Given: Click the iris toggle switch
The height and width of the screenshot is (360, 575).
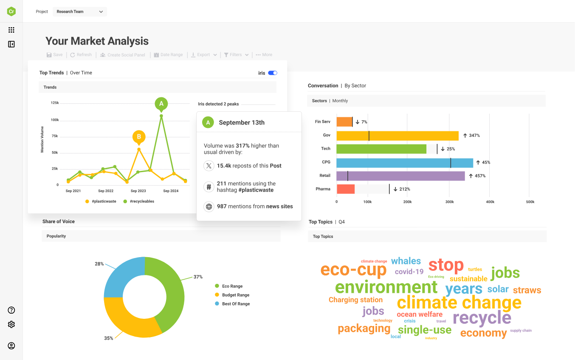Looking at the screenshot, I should (x=273, y=73).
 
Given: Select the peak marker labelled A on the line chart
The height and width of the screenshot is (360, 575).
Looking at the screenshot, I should (x=161, y=103).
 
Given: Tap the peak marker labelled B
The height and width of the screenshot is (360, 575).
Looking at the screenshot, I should (x=139, y=137).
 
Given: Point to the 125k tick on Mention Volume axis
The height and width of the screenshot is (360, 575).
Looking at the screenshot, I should (x=55, y=103).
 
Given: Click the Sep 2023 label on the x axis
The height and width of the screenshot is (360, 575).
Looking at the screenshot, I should (x=138, y=191).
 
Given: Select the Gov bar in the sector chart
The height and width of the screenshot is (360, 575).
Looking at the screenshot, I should (x=397, y=136).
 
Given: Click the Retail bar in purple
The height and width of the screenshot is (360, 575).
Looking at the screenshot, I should (x=400, y=176).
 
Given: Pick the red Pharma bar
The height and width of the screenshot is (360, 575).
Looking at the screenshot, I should (x=345, y=189).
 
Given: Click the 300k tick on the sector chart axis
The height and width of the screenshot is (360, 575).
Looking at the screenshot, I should (x=450, y=202).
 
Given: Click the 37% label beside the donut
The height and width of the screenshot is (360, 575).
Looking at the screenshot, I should (x=198, y=277).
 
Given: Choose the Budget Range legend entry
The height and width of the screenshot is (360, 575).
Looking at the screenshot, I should (x=235, y=295).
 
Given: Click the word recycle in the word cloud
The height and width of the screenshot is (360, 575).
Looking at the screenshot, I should (x=482, y=318).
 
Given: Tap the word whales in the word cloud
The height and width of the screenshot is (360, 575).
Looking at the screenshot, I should (x=406, y=261).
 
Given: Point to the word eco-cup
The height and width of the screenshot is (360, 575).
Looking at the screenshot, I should (x=353, y=270).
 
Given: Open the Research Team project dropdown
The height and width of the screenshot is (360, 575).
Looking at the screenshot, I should (x=80, y=11).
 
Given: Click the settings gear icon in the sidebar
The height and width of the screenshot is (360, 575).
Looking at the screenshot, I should (x=11, y=325).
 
